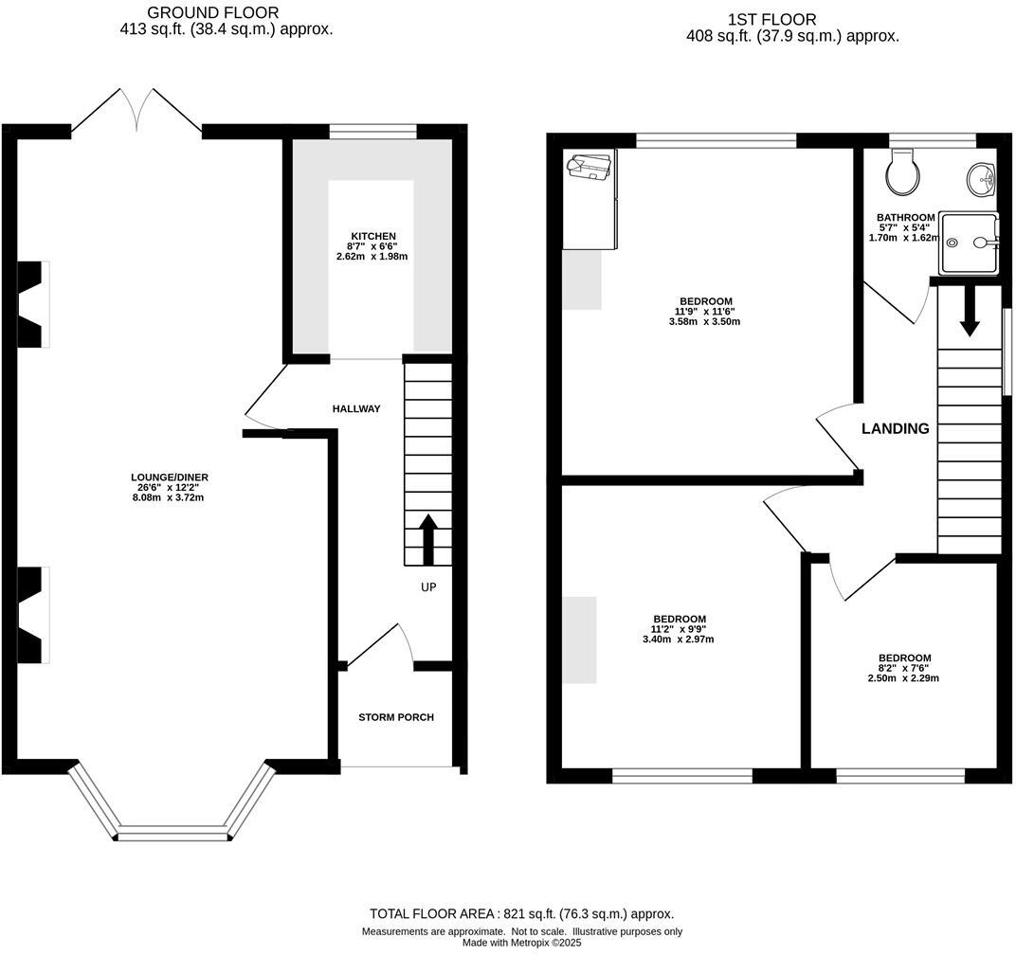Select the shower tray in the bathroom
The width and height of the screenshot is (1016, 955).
coord(968,243)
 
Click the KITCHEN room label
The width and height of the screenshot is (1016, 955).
coord(372,236)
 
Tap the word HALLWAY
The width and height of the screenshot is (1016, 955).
coord(356,409)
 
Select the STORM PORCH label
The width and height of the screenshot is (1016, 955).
coord(396,717)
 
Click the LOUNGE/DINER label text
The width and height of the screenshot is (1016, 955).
coord(170,477)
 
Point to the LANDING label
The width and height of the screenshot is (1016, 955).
coord(895,429)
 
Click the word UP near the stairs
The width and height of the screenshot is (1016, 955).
coord(428,587)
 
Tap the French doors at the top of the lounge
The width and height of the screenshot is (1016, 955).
coord(137,112)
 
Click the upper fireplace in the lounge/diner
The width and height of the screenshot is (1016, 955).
coord(33,305)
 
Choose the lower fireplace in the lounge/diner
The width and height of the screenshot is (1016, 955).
coord(33,615)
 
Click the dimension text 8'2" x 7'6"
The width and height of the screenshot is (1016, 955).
coord(904,668)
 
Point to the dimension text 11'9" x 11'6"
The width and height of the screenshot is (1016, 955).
coord(704,312)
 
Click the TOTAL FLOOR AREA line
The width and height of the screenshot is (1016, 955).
coord(521,914)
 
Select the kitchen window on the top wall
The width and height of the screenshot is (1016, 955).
coord(372,132)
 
